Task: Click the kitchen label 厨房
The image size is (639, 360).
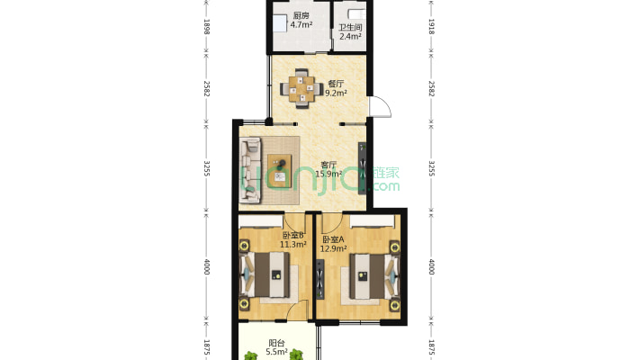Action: [x=301, y=16]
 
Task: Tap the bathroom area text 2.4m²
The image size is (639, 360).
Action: [x=350, y=36]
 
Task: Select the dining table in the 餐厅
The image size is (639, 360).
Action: [x=301, y=88]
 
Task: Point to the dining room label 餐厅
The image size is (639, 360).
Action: [x=337, y=84]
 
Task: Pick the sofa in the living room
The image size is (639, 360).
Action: [x=250, y=170]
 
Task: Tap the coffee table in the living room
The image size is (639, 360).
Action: [x=280, y=171]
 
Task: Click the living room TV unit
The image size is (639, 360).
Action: [x=362, y=168]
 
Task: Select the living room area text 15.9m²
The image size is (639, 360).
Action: [x=328, y=174]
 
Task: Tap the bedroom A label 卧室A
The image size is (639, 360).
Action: [x=333, y=239]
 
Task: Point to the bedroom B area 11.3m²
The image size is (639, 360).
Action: [x=293, y=245]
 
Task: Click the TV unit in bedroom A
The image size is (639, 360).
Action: [x=319, y=279]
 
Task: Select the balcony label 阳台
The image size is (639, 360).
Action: [x=276, y=343]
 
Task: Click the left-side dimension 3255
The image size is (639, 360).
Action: [x=207, y=168]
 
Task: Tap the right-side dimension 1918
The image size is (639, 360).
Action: [x=432, y=26]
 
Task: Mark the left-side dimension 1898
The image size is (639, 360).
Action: [x=207, y=26]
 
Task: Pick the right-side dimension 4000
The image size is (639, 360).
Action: [x=432, y=266]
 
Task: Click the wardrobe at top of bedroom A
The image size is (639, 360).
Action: [x=372, y=220]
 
